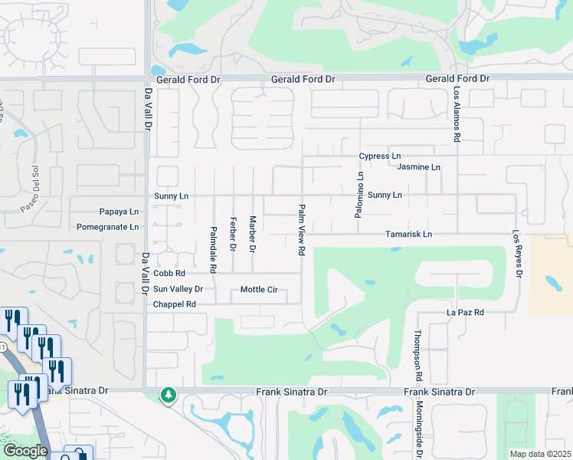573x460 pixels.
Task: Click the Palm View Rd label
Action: coord(302,230)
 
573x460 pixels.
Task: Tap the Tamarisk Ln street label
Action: coord(408,234)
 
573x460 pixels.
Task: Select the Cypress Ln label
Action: coord(380,156)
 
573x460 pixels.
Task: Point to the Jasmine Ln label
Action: coord(420,167)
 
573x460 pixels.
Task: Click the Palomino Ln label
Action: coord(358,195)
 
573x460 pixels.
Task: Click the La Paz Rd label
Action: coord(466,313)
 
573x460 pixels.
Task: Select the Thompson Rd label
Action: coord(418,356)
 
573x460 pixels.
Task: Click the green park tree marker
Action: coord(169,395)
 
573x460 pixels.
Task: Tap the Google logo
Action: coord(25,451)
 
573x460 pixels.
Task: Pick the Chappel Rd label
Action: coord(175,304)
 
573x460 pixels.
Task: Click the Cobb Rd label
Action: coord(169,273)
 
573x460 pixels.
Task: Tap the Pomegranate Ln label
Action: coord(108,227)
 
